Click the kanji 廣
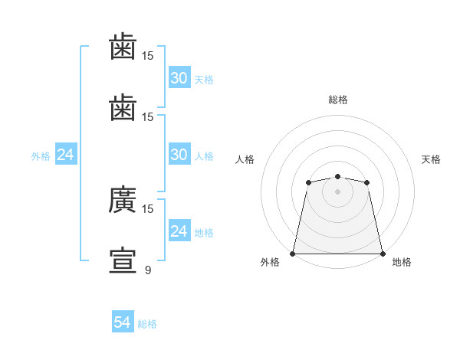[123, 199]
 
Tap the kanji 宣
[123, 260]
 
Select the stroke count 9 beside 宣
[148, 270]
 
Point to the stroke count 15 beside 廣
[147, 209]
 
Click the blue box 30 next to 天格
[179, 77]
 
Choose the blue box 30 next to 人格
[179, 154]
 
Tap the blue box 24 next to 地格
[179, 230]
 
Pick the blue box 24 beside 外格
[66, 154]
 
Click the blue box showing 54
[123, 321]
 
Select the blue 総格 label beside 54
[147, 324]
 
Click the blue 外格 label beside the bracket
[41, 156]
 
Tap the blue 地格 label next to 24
[204, 233]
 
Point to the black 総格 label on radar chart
[338, 100]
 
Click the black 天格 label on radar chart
[431, 159]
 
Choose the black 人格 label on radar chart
[245, 159]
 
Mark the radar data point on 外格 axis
[293, 254]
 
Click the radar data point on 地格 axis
[383, 254]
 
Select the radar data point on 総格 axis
[337, 176]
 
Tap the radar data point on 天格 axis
[366, 182]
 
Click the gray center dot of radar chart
[337, 191]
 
